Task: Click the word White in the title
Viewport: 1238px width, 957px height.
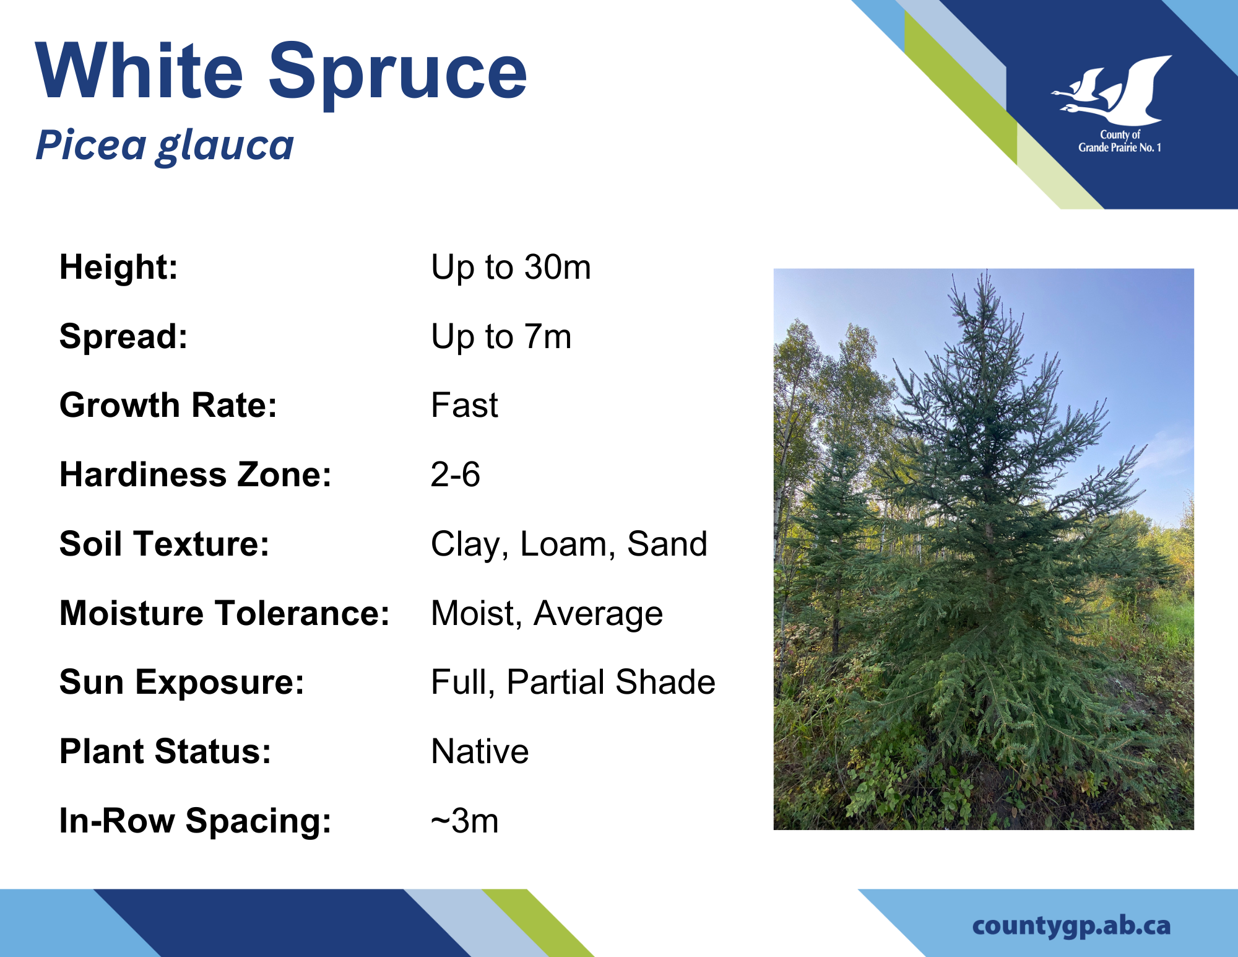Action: click(x=139, y=69)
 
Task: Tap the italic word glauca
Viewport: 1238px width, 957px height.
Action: click(x=225, y=147)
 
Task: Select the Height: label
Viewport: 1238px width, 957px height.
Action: click(x=118, y=268)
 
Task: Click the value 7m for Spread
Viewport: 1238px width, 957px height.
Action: click(x=547, y=337)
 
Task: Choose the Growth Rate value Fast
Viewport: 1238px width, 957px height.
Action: click(x=464, y=406)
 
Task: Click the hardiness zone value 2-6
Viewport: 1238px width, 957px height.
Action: click(x=456, y=475)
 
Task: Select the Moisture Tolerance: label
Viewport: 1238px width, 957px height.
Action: click(x=224, y=613)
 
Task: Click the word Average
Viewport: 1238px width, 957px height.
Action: click(x=598, y=614)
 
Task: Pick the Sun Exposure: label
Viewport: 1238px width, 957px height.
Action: click(x=182, y=683)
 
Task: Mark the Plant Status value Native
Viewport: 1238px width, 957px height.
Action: click(x=480, y=751)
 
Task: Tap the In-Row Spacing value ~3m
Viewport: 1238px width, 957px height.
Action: click(x=465, y=821)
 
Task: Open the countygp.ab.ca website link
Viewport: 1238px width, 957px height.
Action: click(x=1071, y=925)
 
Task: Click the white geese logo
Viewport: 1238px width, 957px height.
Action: click(x=1112, y=90)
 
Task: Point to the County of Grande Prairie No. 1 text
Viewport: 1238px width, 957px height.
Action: click(x=1120, y=141)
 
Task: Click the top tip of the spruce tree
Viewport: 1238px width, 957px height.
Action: click(x=987, y=270)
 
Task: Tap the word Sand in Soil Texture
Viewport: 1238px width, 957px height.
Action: click(x=667, y=544)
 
